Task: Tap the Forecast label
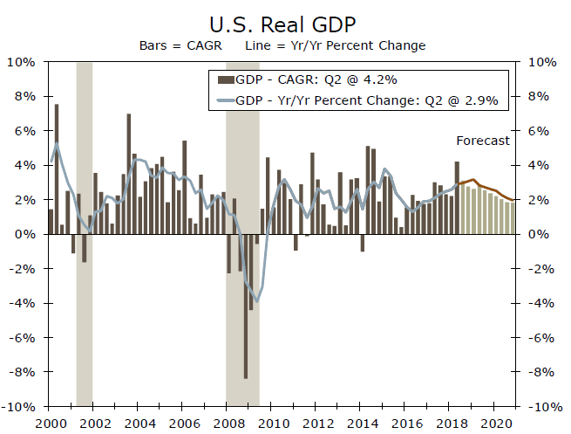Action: click(482, 141)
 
